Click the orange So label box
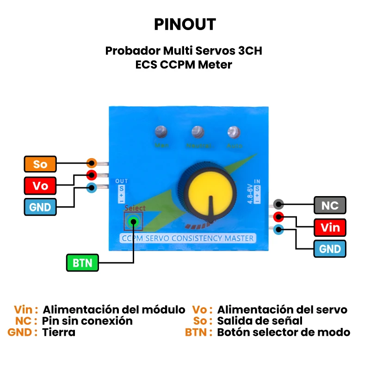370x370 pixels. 40,164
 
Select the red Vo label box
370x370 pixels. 40,185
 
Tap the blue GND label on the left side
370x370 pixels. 40,207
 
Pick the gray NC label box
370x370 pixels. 330,205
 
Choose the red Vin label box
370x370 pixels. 330,227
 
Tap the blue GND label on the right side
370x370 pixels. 330,249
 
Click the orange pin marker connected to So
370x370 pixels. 92,163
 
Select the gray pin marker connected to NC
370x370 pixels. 278,204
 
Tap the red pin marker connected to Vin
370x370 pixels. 278,216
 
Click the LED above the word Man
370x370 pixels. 161,132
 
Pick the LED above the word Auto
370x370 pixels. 234,132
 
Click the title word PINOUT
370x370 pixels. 185,24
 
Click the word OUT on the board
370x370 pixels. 121,181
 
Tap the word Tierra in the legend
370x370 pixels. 59,332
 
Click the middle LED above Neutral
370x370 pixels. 197,132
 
